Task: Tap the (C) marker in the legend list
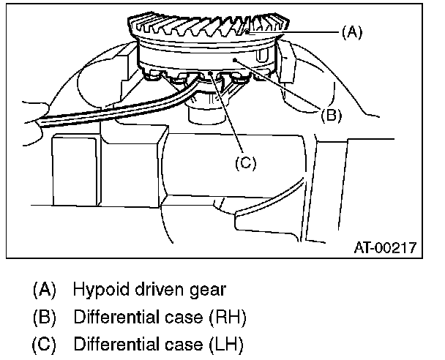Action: point(45,343)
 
